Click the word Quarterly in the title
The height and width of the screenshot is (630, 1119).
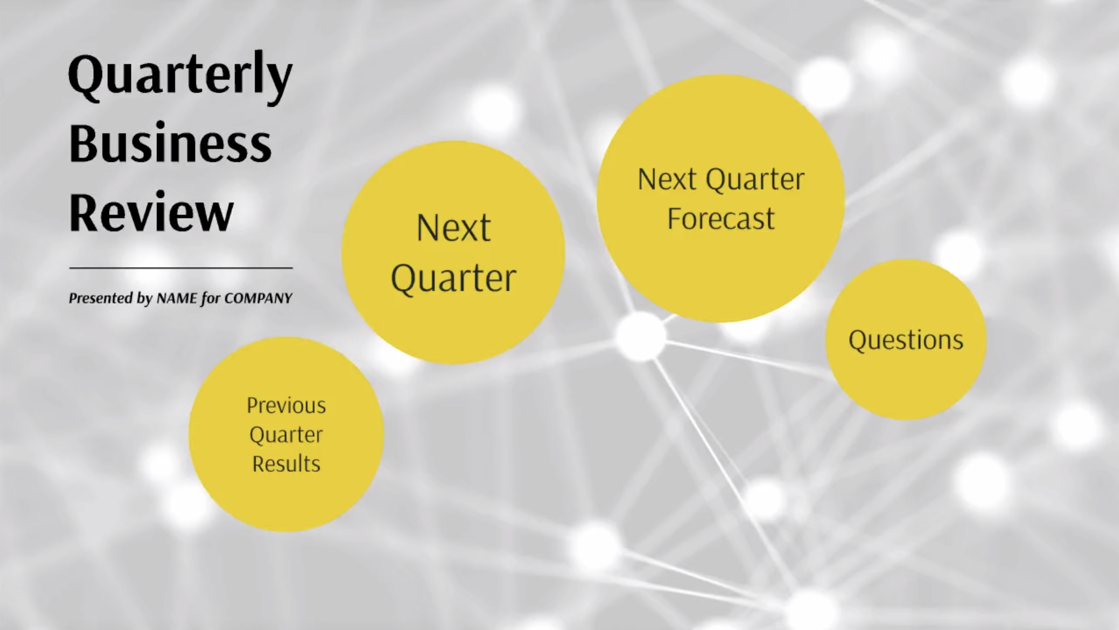click(x=180, y=78)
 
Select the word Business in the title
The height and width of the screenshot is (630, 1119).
click(x=170, y=144)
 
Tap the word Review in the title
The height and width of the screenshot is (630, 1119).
click(x=151, y=212)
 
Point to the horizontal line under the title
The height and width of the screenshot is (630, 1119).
click(x=181, y=268)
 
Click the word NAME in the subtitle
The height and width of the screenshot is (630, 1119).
click(x=177, y=298)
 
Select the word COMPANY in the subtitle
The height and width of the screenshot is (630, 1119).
click(x=258, y=298)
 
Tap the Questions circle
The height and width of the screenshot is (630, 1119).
click(x=906, y=339)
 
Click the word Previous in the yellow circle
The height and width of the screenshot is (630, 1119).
click(x=286, y=406)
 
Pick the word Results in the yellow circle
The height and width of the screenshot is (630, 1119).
click(x=286, y=464)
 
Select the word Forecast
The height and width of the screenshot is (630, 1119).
click(x=721, y=218)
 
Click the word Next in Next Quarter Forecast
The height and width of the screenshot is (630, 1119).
click(x=666, y=179)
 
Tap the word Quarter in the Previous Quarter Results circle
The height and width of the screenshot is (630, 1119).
click(x=286, y=435)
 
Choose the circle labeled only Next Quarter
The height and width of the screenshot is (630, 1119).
click(x=453, y=252)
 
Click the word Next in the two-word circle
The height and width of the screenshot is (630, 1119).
click(x=453, y=227)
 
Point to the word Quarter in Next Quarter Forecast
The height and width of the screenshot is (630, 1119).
click(x=755, y=180)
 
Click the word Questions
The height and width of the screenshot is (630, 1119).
click(x=906, y=340)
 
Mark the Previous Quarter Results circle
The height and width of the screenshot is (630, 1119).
click(x=286, y=434)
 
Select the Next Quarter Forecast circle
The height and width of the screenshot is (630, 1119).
click(x=721, y=198)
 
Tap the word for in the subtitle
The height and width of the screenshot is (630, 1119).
click(x=211, y=298)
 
